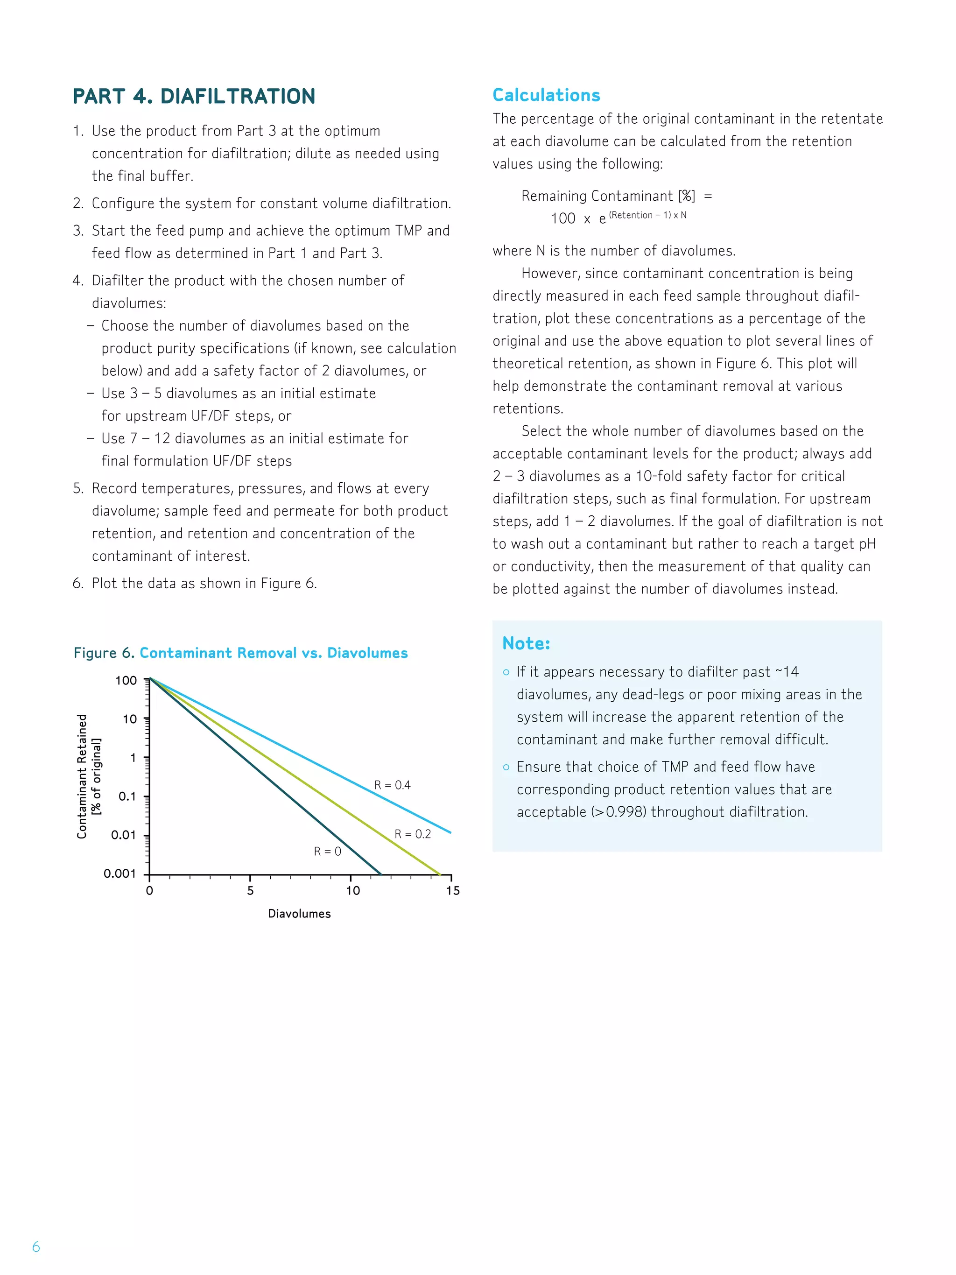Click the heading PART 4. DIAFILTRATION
pos(194,96)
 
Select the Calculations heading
pos(546,95)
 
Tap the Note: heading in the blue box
pos(526,643)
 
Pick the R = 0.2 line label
pos(412,834)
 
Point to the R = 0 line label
pos(327,852)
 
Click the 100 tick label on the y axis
pos(126,681)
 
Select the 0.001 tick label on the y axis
pos(120,874)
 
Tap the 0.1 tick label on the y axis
pos(127,796)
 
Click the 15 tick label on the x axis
pos(452,891)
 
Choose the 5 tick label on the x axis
pos(250,891)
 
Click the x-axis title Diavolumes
pos(299,914)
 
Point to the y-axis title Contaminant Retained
pos(82,776)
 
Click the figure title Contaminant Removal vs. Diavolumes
pos(273,653)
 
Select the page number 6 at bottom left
pos(36,1247)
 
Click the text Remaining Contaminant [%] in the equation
pos(608,196)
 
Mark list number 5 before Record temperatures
pos(78,489)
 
